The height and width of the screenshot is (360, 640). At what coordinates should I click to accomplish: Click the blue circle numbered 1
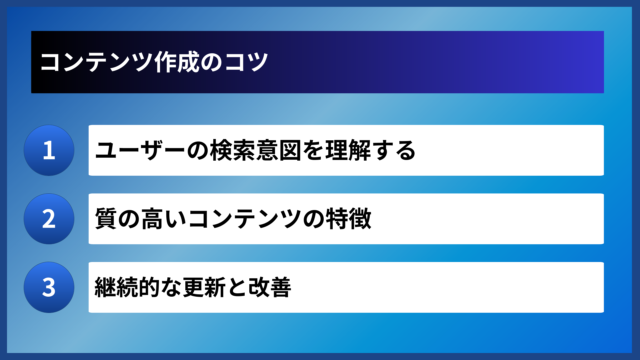point(49,150)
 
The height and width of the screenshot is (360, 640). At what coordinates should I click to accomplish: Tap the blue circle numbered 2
point(49,219)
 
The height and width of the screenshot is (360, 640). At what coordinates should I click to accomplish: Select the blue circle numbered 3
point(49,287)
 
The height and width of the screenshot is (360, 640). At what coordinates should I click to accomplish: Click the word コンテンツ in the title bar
point(96,62)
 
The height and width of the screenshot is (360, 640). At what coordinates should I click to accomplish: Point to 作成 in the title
point(177,62)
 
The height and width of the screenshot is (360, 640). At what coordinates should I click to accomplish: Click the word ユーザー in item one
point(140,151)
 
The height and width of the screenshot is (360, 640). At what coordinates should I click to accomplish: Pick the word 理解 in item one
point(348,151)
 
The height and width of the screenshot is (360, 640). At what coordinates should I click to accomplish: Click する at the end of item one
point(394,151)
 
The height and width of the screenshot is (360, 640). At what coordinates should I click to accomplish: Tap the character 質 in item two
point(106,219)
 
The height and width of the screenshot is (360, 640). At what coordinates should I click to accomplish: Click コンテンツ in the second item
point(245,219)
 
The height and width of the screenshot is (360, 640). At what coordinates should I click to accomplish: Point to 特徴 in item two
point(348,219)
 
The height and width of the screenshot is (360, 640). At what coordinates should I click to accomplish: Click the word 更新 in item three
point(204,287)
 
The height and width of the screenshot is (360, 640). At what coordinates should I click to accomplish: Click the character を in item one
point(313,151)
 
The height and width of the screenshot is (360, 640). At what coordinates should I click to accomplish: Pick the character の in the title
point(211,62)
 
